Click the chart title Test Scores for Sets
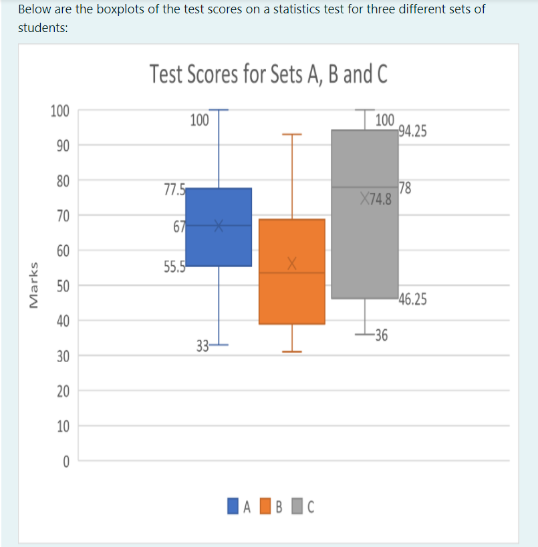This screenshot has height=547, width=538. pos(269,74)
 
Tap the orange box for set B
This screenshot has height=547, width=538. pos(291,294)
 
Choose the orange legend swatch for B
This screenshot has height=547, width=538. pos(265,506)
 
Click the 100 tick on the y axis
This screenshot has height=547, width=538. pos(60,110)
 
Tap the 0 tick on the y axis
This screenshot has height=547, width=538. pos(66,461)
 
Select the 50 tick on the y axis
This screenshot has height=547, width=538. pos(63,286)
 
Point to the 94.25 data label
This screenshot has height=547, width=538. pos(412,131)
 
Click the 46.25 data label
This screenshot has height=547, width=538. pos(412,299)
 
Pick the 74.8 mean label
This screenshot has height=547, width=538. pos(380,198)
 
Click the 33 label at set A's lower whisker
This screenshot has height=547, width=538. pos(202,345)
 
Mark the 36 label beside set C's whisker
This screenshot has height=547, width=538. pos(381,335)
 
